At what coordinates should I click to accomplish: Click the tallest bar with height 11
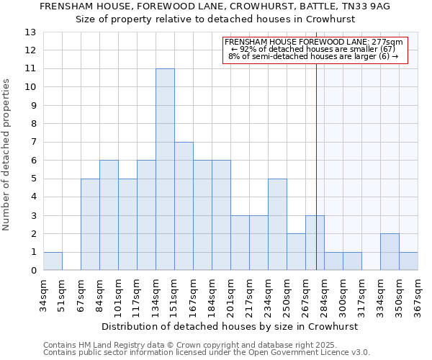[x=165, y=169]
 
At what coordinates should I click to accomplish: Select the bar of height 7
[x=184, y=206]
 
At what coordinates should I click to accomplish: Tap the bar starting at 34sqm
[x=53, y=261]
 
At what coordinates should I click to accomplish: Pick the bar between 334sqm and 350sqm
[x=390, y=252]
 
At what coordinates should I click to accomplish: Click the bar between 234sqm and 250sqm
[x=277, y=225]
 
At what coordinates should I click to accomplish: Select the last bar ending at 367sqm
[x=408, y=261]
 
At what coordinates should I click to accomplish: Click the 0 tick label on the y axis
[x=33, y=271]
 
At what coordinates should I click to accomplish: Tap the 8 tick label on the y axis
[x=33, y=124]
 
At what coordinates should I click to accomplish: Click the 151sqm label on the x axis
[x=175, y=294]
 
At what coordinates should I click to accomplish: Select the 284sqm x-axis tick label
[x=324, y=294]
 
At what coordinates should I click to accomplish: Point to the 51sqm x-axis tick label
[x=63, y=294]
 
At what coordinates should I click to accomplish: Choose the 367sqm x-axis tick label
[x=418, y=294]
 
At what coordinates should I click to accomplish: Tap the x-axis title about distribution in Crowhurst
[x=229, y=326]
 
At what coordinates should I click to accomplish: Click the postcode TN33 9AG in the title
[x=365, y=6]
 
